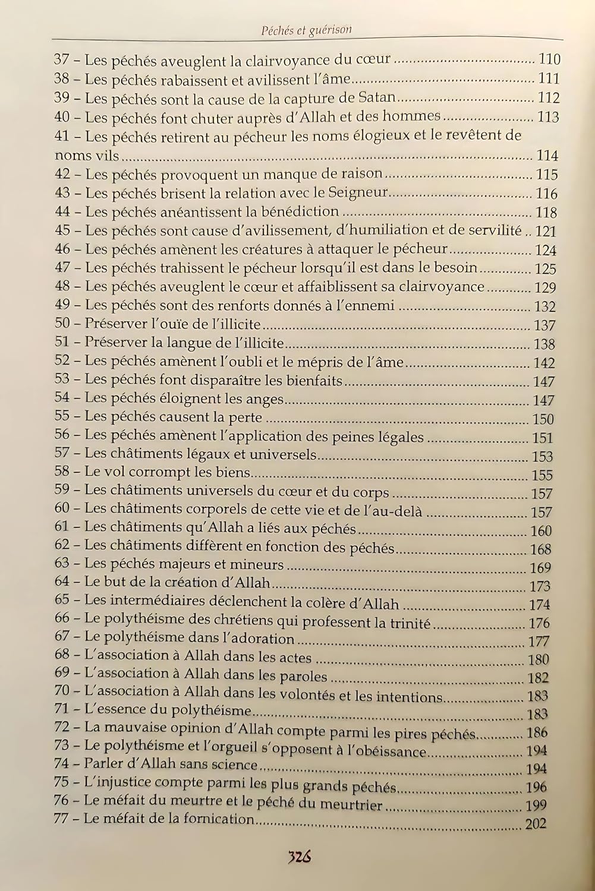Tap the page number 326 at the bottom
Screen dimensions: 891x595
[x=301, y=857]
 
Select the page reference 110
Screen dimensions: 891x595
[x=549, y=59]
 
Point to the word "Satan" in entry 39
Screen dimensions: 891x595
[x=379, y=97]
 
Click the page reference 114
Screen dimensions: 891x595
[x=547, y=156]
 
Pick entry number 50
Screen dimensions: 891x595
[x=62, y=324]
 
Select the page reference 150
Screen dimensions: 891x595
[x=543, y=419]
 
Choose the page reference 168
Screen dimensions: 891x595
[x=540, y=548]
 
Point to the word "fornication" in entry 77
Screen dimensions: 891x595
[x=219, y=819]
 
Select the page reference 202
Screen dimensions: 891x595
[x=536, y=823]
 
